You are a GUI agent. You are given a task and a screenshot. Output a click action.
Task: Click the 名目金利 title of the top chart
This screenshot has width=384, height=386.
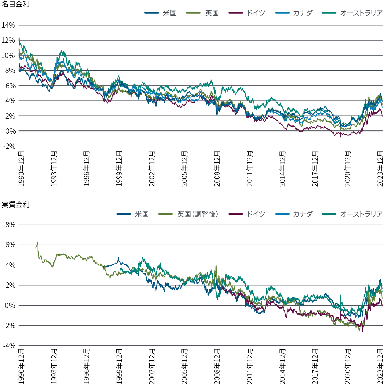(16, 4)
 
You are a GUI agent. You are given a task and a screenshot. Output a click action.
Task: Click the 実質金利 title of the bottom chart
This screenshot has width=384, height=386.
(16, 205)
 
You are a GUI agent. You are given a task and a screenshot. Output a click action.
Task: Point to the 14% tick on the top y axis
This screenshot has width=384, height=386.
(9, 25)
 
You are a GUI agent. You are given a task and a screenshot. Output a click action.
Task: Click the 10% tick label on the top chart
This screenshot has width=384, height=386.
(9, 55)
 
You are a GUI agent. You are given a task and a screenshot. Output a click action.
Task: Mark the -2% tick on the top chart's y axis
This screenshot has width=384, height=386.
(9, 146)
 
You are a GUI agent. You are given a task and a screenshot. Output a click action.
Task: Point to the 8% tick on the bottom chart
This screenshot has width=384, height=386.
(11, 225)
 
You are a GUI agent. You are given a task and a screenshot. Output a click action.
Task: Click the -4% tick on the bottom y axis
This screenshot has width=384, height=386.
(9, 346)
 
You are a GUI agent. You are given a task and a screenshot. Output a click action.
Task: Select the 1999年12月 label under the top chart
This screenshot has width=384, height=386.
(119, 169)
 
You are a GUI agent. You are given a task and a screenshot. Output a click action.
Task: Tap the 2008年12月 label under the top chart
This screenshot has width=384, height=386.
(217, 169)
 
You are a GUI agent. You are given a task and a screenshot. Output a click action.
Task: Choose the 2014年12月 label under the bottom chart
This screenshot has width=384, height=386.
(282, 366)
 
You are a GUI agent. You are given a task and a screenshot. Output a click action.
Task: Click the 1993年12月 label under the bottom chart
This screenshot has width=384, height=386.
(54, 366)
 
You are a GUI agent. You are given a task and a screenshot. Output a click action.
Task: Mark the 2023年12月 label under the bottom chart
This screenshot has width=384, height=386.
(380, 366)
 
